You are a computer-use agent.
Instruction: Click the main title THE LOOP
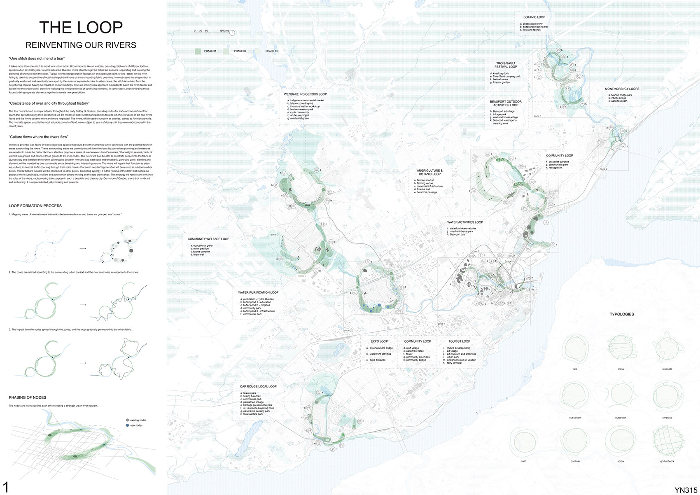click(81, 28)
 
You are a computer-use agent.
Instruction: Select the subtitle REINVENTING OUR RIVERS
click(81, 45)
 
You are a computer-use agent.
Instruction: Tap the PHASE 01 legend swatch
click(198, 51)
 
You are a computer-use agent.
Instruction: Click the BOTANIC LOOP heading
click(534, 17)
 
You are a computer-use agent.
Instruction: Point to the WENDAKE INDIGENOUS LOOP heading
click(305, 94)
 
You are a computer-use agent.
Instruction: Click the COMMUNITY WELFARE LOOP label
click(208, 239)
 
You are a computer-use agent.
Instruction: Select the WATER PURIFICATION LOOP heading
click(258, 292)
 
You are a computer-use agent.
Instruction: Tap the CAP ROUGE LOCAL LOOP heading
click(258, 386)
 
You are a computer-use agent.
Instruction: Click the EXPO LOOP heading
click(379, 341)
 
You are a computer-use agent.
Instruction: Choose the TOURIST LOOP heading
click(459, 341)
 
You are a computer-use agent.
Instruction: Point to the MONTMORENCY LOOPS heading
click(622, 89)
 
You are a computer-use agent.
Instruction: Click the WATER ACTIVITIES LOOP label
click(465, 222)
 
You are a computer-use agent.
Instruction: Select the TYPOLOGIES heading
click(621, 314)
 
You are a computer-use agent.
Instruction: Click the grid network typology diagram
click(667, 441)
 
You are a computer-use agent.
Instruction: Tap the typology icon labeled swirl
click(524, 441)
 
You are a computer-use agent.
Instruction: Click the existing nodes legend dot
click(127, 420)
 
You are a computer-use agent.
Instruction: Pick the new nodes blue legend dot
click(127, 425)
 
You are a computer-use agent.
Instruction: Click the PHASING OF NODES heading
click(28, 397)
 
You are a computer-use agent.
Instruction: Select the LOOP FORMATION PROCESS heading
click(35, 205)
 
